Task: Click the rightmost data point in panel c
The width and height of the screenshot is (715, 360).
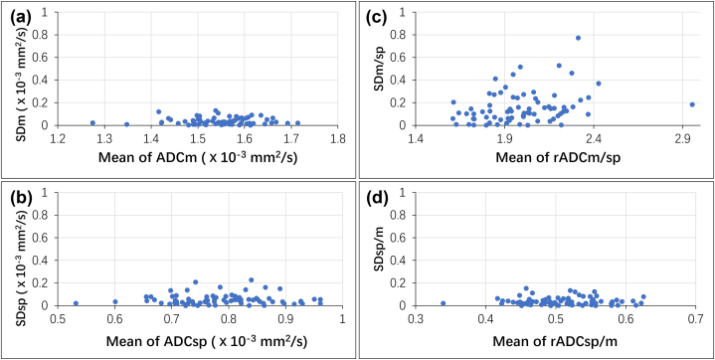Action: click(692, 104)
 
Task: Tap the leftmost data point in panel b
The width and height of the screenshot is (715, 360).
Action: click(76, 303)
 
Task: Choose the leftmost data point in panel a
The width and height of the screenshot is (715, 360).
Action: click(92, 123)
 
